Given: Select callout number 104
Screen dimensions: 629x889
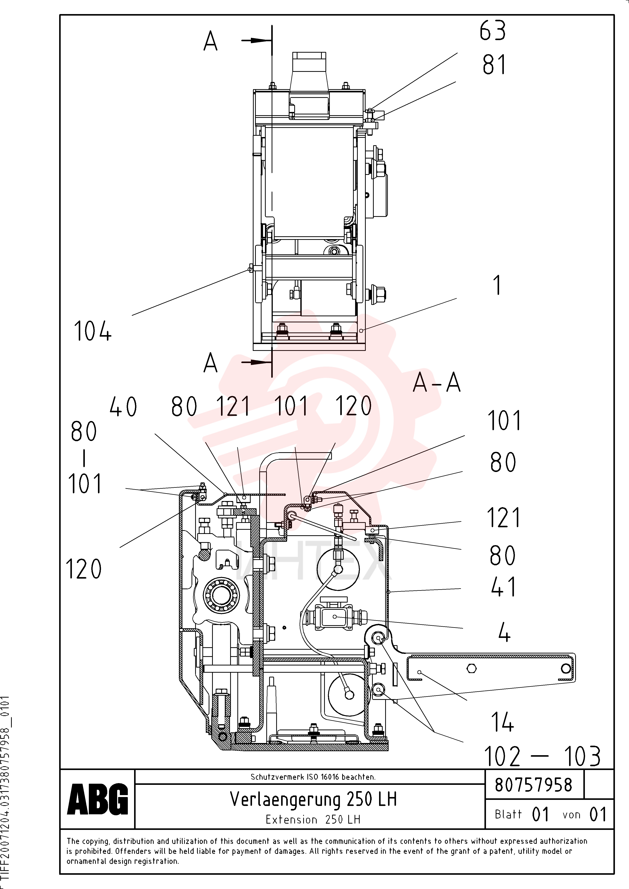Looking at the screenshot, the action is coord(93,331).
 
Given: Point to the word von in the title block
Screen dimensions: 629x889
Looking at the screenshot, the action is coord(571,815).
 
